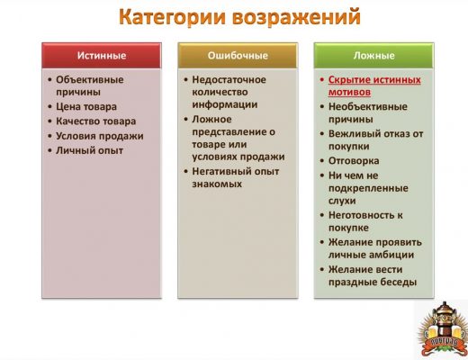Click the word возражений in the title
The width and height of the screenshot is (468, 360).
pyautogui.click(x=296, y=17)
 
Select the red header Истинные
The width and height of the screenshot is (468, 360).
pyautogui.click(x=102, y=56)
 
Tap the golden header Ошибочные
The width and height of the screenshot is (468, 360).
pyautogui.click(x=238, y=56)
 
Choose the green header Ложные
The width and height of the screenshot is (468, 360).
pyautogui.click(x=373, y=56)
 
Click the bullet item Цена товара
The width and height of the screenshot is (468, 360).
pyautogui.click(x=86, y=107)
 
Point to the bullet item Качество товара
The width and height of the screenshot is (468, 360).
pyautogui.click(x=96, y=121)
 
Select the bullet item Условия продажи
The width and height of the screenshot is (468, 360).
pyautogui.click(x=100, y=136)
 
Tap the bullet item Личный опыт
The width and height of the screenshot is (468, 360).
pyautogui.click(x=89, y=150)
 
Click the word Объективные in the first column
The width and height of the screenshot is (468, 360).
pyautogui.click(x=90, y=79)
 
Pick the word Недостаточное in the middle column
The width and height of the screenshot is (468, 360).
pyautogui.click(x=229, y=79)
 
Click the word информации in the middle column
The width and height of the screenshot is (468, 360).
pyautogui.click(x=225, y=104)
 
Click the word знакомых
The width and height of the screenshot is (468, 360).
pyautogui.click(x=217, y=184)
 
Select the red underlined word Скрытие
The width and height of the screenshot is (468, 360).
pyautogui.click(x=348, y=80)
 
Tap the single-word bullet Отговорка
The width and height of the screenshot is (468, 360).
pyautogui.click(x=354, y=161)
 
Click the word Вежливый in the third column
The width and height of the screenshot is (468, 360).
pyautogui.click(x=352, y=134)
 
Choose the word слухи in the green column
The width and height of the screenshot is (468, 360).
pyautogui.click(x=342, y=201)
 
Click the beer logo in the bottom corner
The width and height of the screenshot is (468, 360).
pyautogui.click(x=442, y=329)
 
